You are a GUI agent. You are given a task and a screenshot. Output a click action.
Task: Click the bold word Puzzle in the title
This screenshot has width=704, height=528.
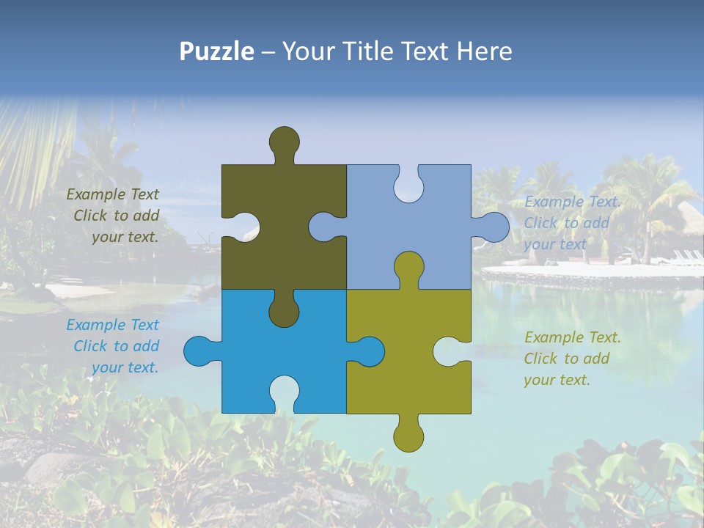click(216, 51)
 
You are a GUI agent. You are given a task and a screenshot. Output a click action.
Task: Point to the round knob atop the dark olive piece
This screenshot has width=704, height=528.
click(284, 141)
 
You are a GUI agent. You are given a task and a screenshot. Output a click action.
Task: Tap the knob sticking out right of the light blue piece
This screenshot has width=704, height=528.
click(493, 227)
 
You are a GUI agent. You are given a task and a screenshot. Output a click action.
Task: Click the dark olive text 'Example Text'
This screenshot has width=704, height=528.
click(112, 194)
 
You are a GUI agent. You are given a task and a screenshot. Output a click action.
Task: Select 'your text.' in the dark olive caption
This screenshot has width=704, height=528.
click(125, 237)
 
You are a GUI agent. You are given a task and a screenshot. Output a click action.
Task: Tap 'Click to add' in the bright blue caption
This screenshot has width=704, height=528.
click(116, 346)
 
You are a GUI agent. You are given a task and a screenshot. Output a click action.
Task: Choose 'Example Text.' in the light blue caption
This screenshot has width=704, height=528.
click(572, 202)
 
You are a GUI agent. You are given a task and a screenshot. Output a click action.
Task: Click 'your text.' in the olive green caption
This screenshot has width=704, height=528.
click(557, 380)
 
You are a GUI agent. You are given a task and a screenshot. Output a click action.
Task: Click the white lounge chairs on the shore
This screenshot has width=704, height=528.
click(686, 256)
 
